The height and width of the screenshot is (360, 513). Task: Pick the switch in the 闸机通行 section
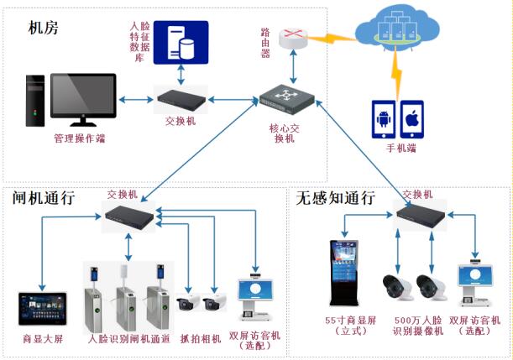pos(128,217)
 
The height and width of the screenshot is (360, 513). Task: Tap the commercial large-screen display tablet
pos(42,308)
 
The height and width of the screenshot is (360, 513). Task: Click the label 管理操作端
pos(80,138)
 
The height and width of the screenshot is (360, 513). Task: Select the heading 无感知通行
pos(336,198)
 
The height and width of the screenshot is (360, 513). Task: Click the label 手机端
pos(400,149)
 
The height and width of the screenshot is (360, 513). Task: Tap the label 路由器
pos(268,40)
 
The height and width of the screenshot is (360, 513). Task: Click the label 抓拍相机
pos(200,338)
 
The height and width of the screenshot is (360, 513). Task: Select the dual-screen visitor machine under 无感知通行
pos(476,286)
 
